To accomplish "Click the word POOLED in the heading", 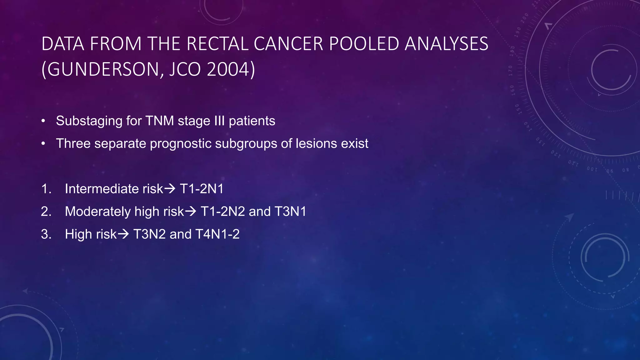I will [x=364, y=44].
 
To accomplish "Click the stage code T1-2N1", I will [x=202, y=189].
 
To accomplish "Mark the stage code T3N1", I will [x=290, y=212].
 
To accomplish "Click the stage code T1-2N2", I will [x=222, y=212].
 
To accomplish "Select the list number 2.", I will [x=46, y=212].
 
